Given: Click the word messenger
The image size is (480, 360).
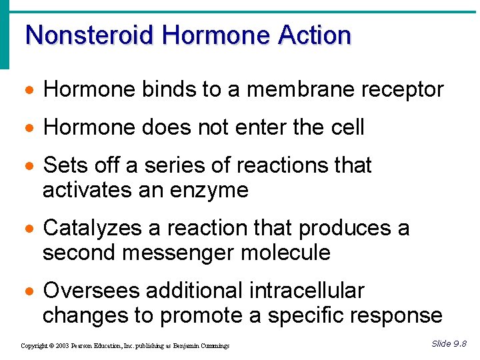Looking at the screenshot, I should coord(186,253).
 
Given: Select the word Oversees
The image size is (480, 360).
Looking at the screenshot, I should coord(91,291).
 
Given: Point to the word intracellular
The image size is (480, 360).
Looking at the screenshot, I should coord(307,291).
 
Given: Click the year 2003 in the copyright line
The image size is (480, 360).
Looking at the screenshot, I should coord(63,346).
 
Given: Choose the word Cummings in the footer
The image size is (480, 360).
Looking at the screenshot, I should coord(215,346).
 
